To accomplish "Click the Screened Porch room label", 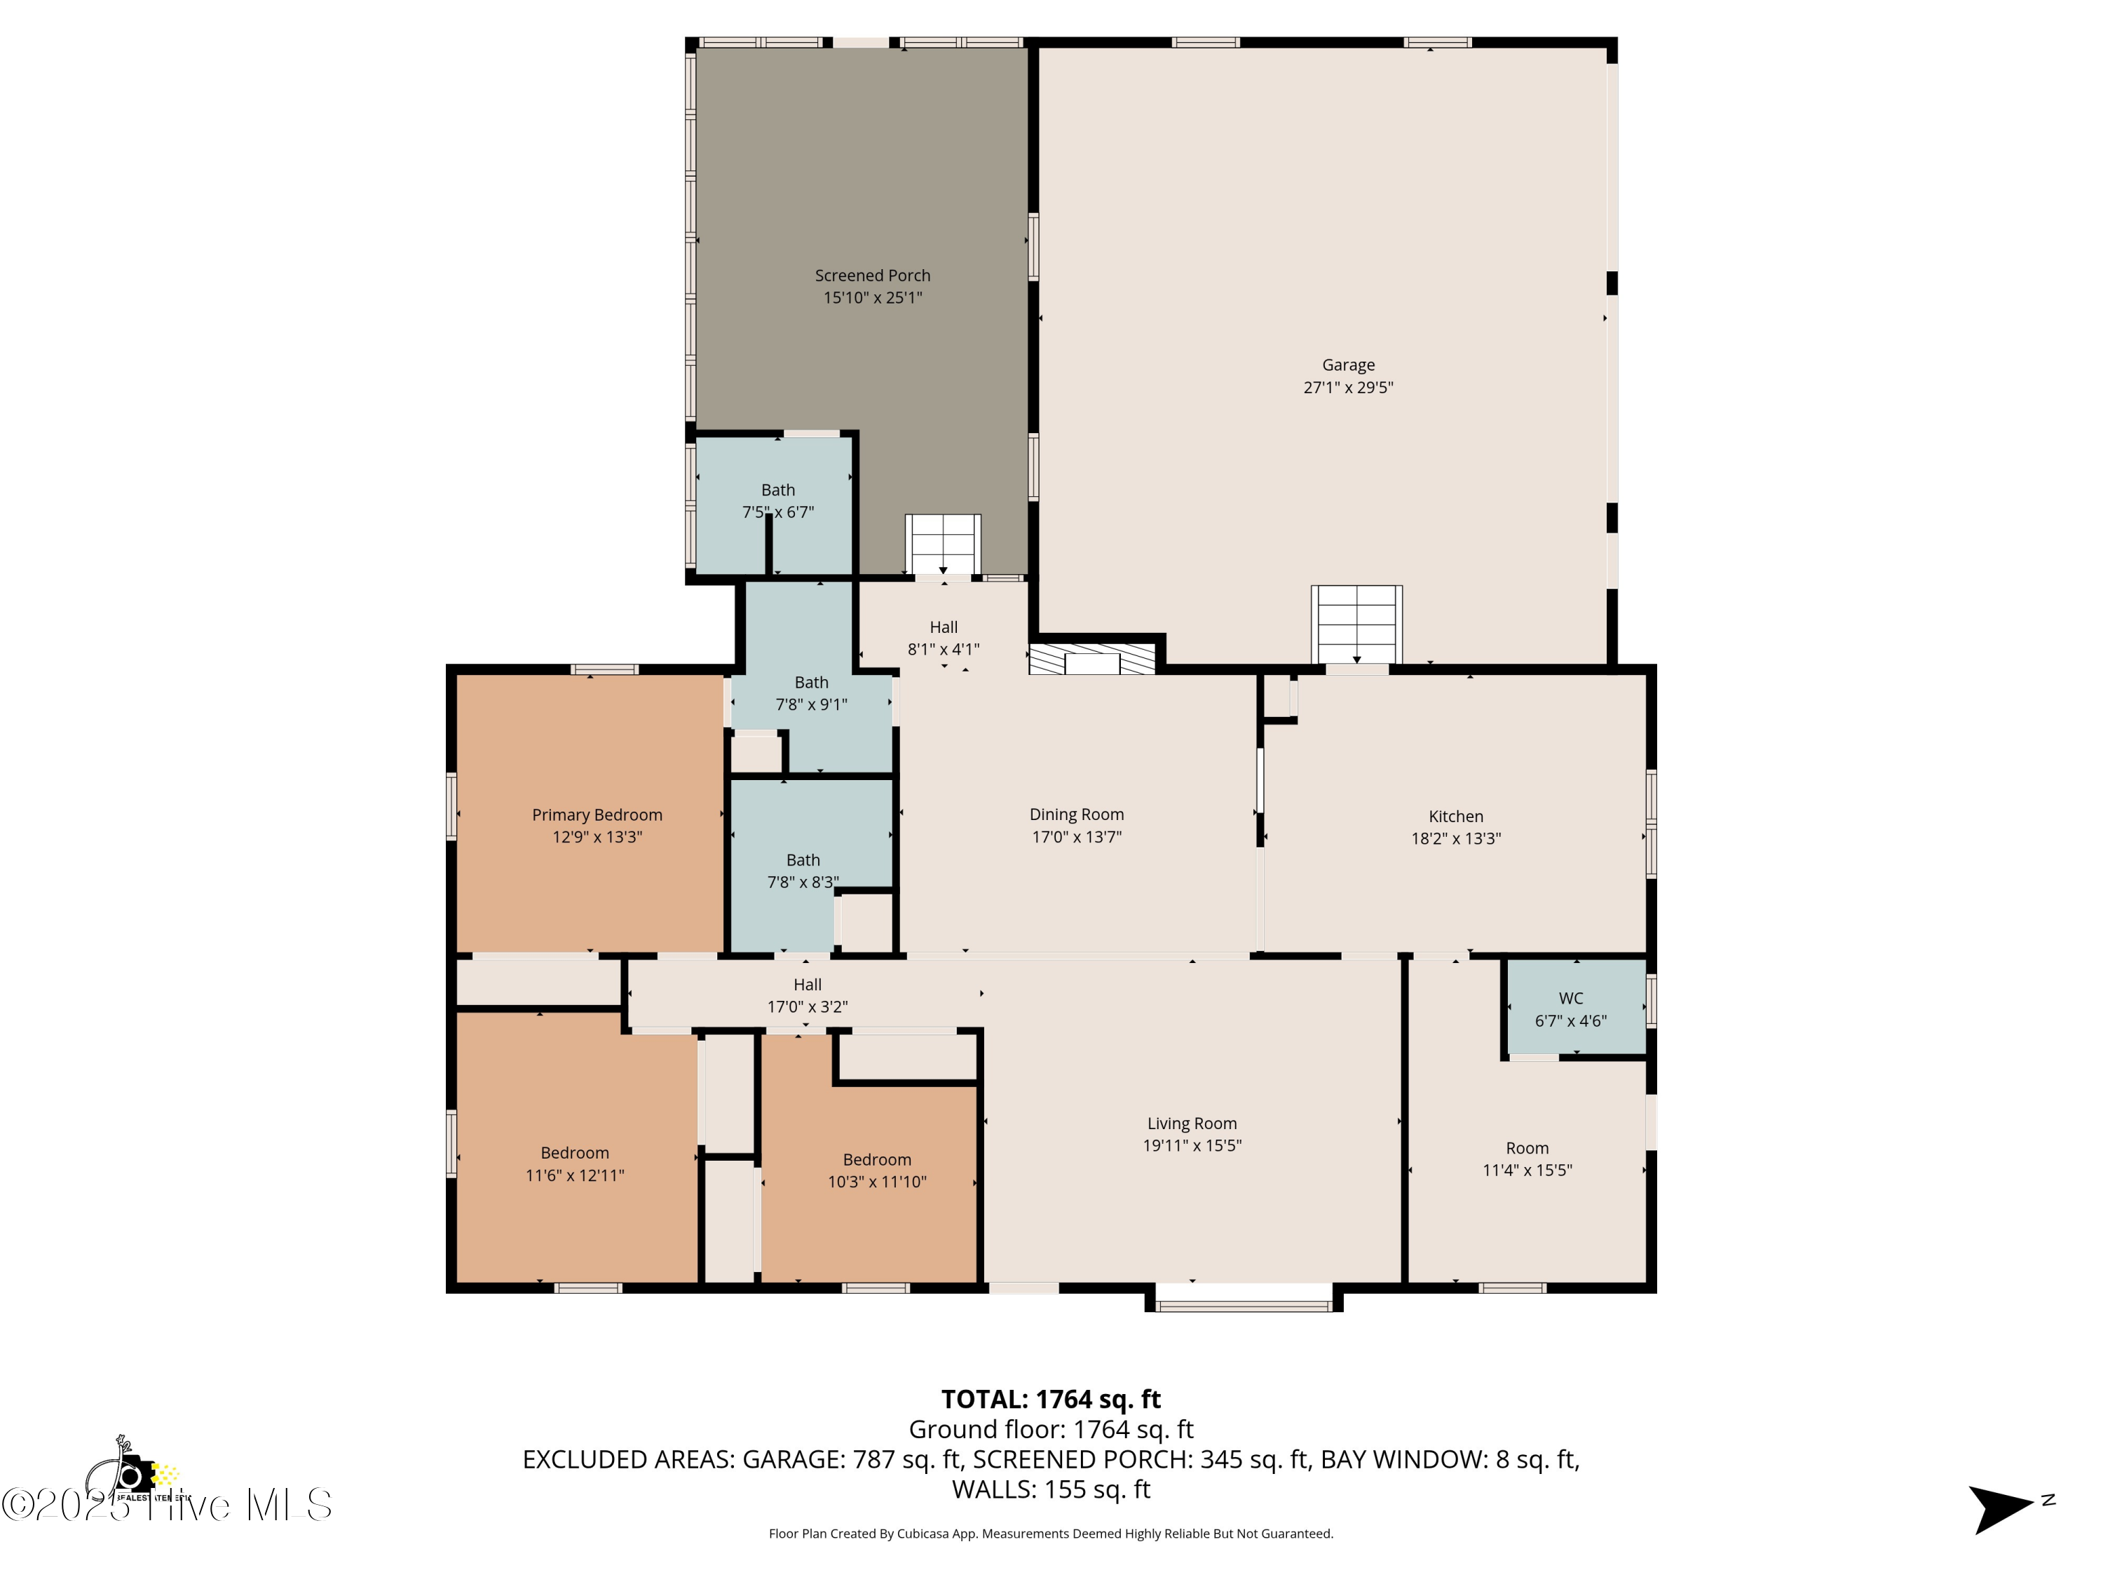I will tap(872, 275).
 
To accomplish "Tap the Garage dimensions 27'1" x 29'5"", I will tap(1347, 388).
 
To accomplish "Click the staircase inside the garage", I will tap(1356, 624).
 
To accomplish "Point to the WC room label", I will tap(1571, 998).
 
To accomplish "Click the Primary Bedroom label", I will tap(597, 814).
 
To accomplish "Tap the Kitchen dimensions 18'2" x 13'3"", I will tap(1455, 838).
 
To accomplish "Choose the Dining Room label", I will tap(1076, 814).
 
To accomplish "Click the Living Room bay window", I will tap(1243, 1304).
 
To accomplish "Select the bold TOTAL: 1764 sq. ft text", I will tap(1051, 1399).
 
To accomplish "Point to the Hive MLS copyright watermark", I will tap(166, 1505).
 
